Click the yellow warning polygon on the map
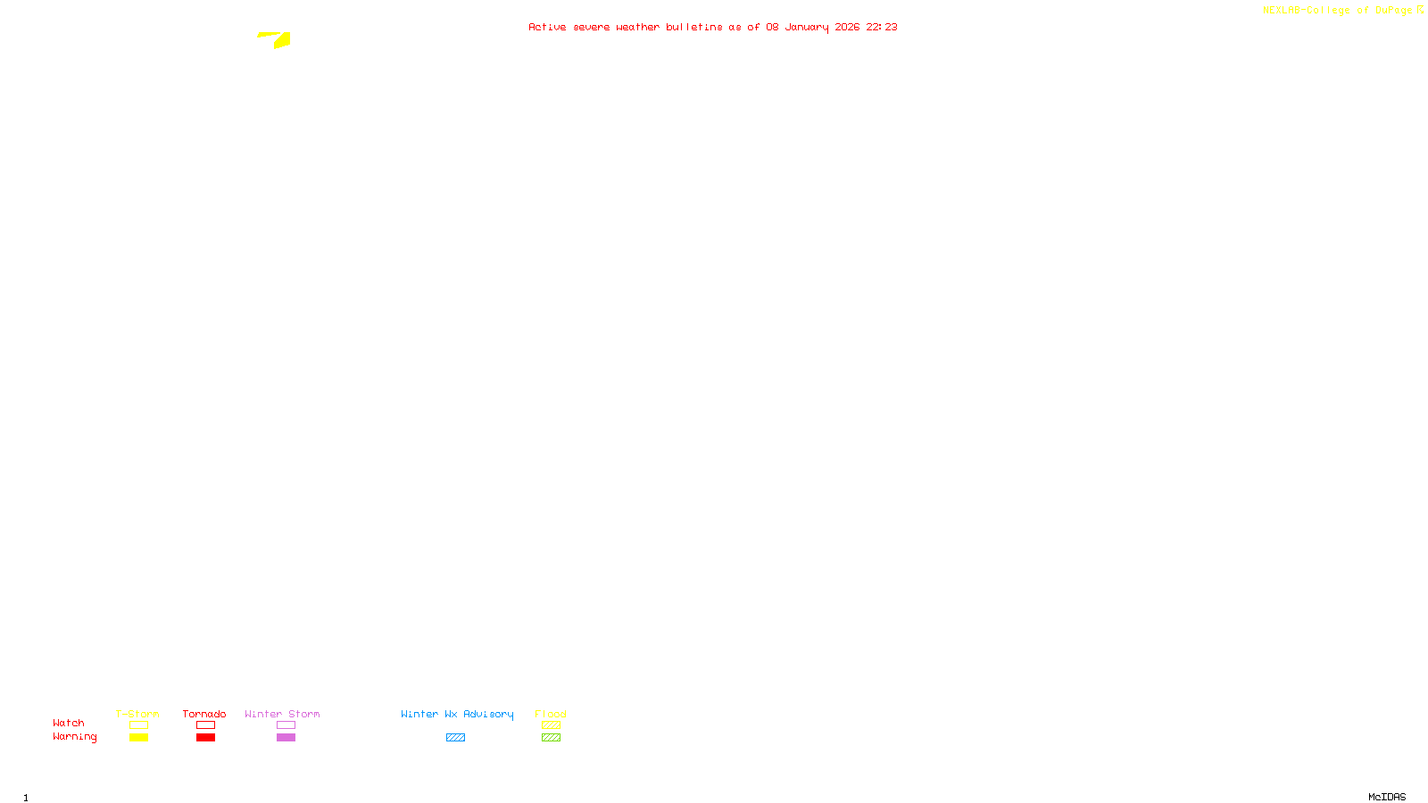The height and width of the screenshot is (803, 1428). [x=280, y=40]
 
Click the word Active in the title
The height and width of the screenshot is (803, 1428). [x=546, y=27]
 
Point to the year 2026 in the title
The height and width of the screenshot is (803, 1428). [x=847, y=27]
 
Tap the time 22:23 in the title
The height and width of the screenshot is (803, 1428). [x=882, y=27]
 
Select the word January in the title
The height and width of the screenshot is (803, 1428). [x=806, y=27]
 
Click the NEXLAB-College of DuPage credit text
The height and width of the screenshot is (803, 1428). [x=1337, y=10]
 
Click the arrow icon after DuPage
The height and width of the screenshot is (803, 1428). [x=1420, y=10]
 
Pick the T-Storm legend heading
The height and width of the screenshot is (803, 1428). [x=137, y=714]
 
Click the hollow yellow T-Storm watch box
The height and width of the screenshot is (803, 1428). [x=138, y=725]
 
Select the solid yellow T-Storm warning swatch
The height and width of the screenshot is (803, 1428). [x=138, y=738]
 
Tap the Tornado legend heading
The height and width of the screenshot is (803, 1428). [x=204, y=714]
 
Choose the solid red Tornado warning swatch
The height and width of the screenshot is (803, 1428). [x=205, y=738]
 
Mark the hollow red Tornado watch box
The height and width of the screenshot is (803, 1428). [x=205, y=725]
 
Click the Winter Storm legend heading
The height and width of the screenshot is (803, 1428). [x=282, y=714]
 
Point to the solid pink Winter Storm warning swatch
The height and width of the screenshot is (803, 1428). [x=286, y=738]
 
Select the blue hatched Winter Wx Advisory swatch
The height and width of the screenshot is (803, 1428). [x=455, y=738]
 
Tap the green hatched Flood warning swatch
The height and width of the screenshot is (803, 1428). [x=551, y=738]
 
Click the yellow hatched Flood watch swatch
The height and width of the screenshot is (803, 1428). [x=551, y=725]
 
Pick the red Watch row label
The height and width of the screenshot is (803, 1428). [x=69, y=723]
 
